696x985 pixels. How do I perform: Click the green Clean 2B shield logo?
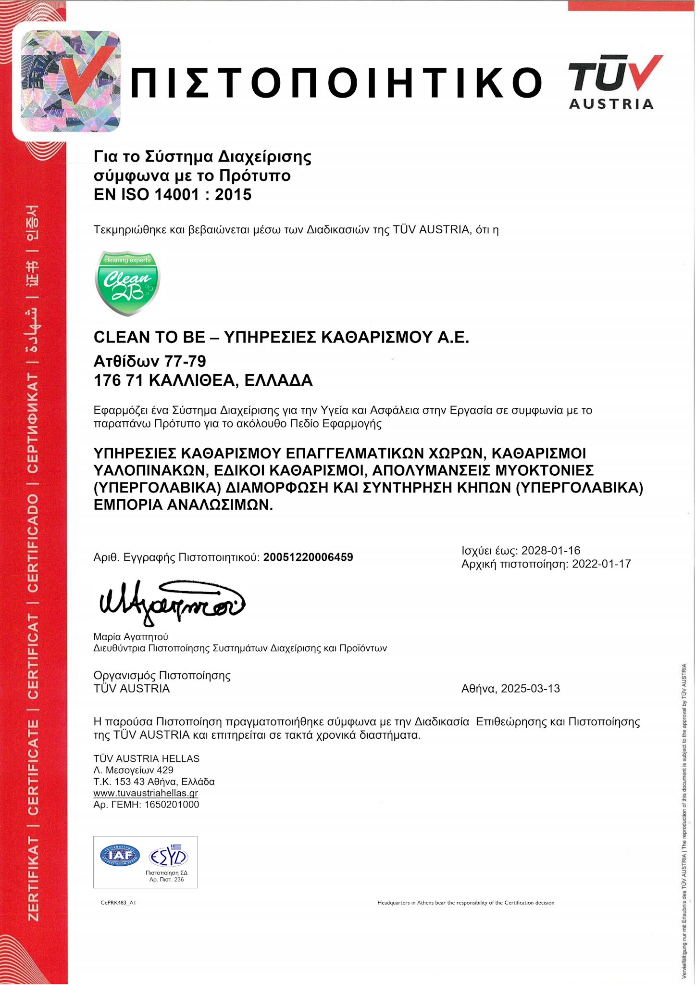pyautogui.click(x=127, y=283)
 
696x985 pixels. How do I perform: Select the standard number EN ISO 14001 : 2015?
pyautogui.click(x=173, y=195)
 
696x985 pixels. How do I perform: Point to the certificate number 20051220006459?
pyautogui.click(x=308, y=557)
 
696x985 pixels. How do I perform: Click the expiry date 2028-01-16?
pyautogui.click(x=551, y=551)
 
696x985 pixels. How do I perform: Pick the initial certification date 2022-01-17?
pyautogui.click(x=601, y=564)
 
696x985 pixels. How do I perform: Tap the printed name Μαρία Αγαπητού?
pyautogui.click(x=131, y=637)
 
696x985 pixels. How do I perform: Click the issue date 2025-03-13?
pyautogui.click(x=530, y=689)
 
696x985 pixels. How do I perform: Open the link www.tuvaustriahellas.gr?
pyautogui.click(x=146, y=793)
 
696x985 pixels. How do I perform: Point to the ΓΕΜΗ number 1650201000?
pyautogui.click(x=172, y=805)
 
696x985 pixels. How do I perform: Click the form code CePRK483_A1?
pyautogui.click(x=118, y=903)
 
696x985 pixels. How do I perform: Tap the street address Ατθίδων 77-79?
pyautogui.click(x=149, y=361)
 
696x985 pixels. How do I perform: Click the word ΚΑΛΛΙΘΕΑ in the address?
pyautogui.click(x=192, y=381)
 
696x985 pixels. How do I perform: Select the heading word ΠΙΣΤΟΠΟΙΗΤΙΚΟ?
pyautogui.click(x=336, y=82)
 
